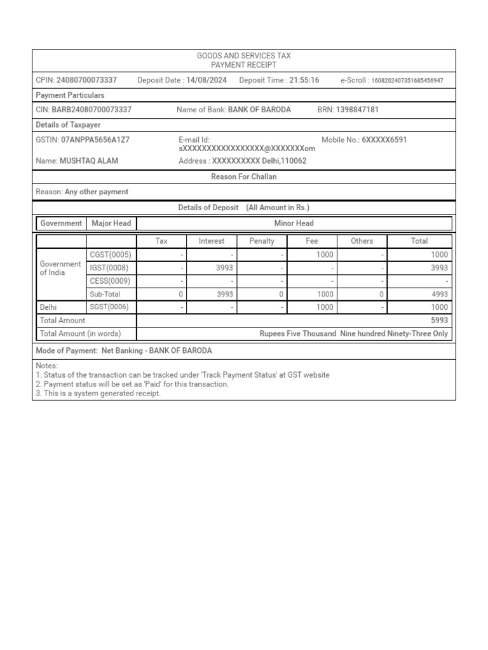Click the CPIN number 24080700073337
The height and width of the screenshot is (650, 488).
[86, 80]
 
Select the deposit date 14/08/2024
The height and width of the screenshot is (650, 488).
[206, 80]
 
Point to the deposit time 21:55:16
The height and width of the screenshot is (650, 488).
[304, 80]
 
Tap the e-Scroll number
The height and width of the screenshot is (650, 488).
[407, 81]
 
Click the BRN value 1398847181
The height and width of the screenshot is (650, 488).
[357, 110]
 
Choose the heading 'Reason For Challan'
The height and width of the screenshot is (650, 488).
[244, 177]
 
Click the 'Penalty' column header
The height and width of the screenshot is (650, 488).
[262, 241]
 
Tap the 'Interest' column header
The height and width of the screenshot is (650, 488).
[212, 241]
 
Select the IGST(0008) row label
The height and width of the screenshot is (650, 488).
[109, 268]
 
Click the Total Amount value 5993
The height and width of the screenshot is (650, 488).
[439, 321]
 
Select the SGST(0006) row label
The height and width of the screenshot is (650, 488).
[110, 307]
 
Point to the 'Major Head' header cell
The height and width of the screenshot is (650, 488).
[111, 223]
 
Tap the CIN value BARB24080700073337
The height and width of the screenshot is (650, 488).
[91, 110]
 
